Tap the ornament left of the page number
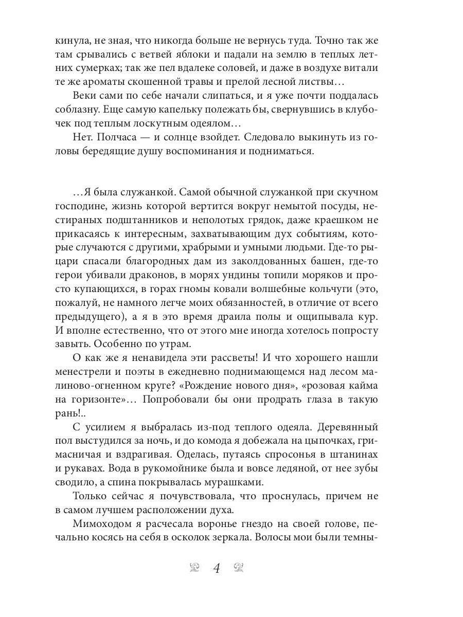pyautogui.click(x=194, y=568)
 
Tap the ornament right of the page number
pyautogui.click(x=239, y=568)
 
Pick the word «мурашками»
pyautogui.click(x=234, y=482)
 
